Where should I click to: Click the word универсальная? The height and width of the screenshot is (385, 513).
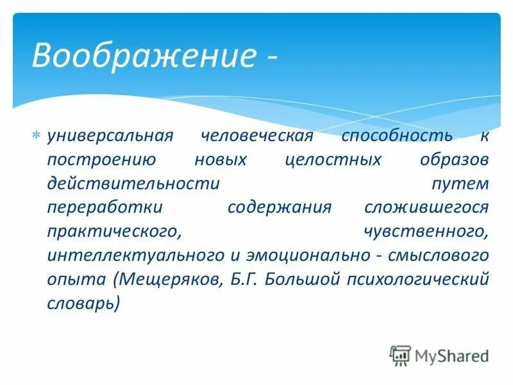tap(110, 136)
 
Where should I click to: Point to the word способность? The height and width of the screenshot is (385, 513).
tap(387, 136)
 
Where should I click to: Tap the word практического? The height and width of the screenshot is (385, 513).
tap(112, 231)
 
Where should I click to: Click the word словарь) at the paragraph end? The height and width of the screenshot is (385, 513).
tap(82, 302)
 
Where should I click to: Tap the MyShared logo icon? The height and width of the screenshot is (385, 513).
tap(399, 355)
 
